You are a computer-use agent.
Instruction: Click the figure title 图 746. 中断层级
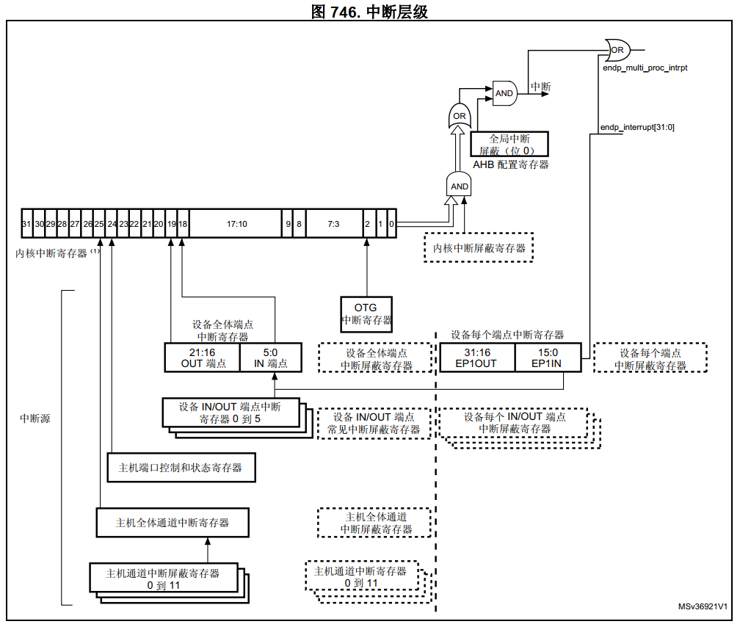point(369,11)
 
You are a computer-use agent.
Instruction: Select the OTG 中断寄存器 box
point(366,313)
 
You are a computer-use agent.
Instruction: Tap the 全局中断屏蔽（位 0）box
point(509,145)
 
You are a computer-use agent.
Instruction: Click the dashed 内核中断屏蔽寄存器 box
point(479,247)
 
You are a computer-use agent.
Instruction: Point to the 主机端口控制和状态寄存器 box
point(181,467)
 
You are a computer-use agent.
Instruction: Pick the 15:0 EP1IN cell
point(548,358)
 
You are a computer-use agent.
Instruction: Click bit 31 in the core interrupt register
point(26,224)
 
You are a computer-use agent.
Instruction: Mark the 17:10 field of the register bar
point(236,224)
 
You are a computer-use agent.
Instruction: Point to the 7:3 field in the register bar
point(333,224)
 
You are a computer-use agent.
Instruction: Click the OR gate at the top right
point(618,51)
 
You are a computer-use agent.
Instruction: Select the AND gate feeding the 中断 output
point(504,93)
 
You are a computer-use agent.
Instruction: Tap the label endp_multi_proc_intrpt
point(644,68)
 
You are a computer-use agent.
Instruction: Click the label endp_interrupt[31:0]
point(637,127)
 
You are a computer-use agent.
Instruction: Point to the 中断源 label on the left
point(35,418)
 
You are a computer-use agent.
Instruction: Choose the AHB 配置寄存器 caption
point(510,165)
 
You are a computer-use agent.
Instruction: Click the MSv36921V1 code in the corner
point(703,608)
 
